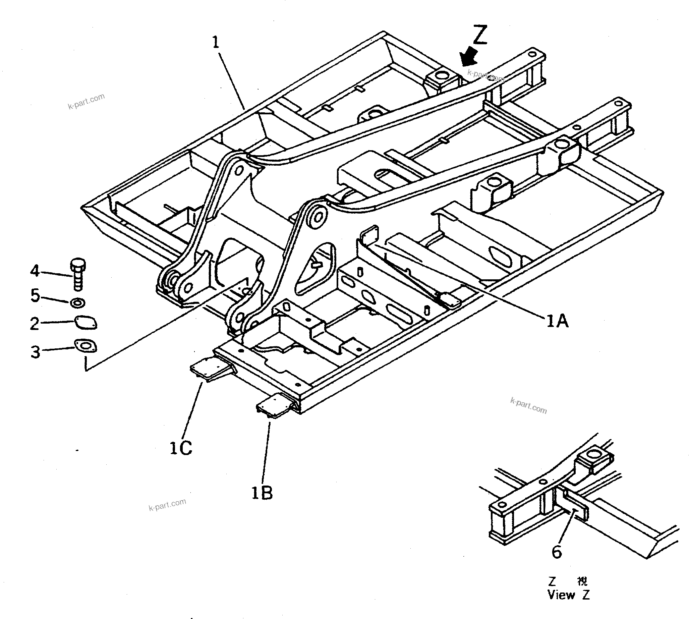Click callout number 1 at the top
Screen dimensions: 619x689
216,43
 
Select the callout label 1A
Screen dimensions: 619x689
557,321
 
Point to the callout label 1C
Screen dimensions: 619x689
181,448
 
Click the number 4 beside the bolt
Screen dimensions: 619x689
35,271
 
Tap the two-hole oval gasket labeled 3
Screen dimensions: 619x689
85,347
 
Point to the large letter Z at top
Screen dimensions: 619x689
480,35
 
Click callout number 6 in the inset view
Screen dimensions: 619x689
556,552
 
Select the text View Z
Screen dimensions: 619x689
568,595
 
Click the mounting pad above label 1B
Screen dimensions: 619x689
274,405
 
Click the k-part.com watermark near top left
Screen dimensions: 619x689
87,101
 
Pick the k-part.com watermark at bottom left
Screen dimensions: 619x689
167,504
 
